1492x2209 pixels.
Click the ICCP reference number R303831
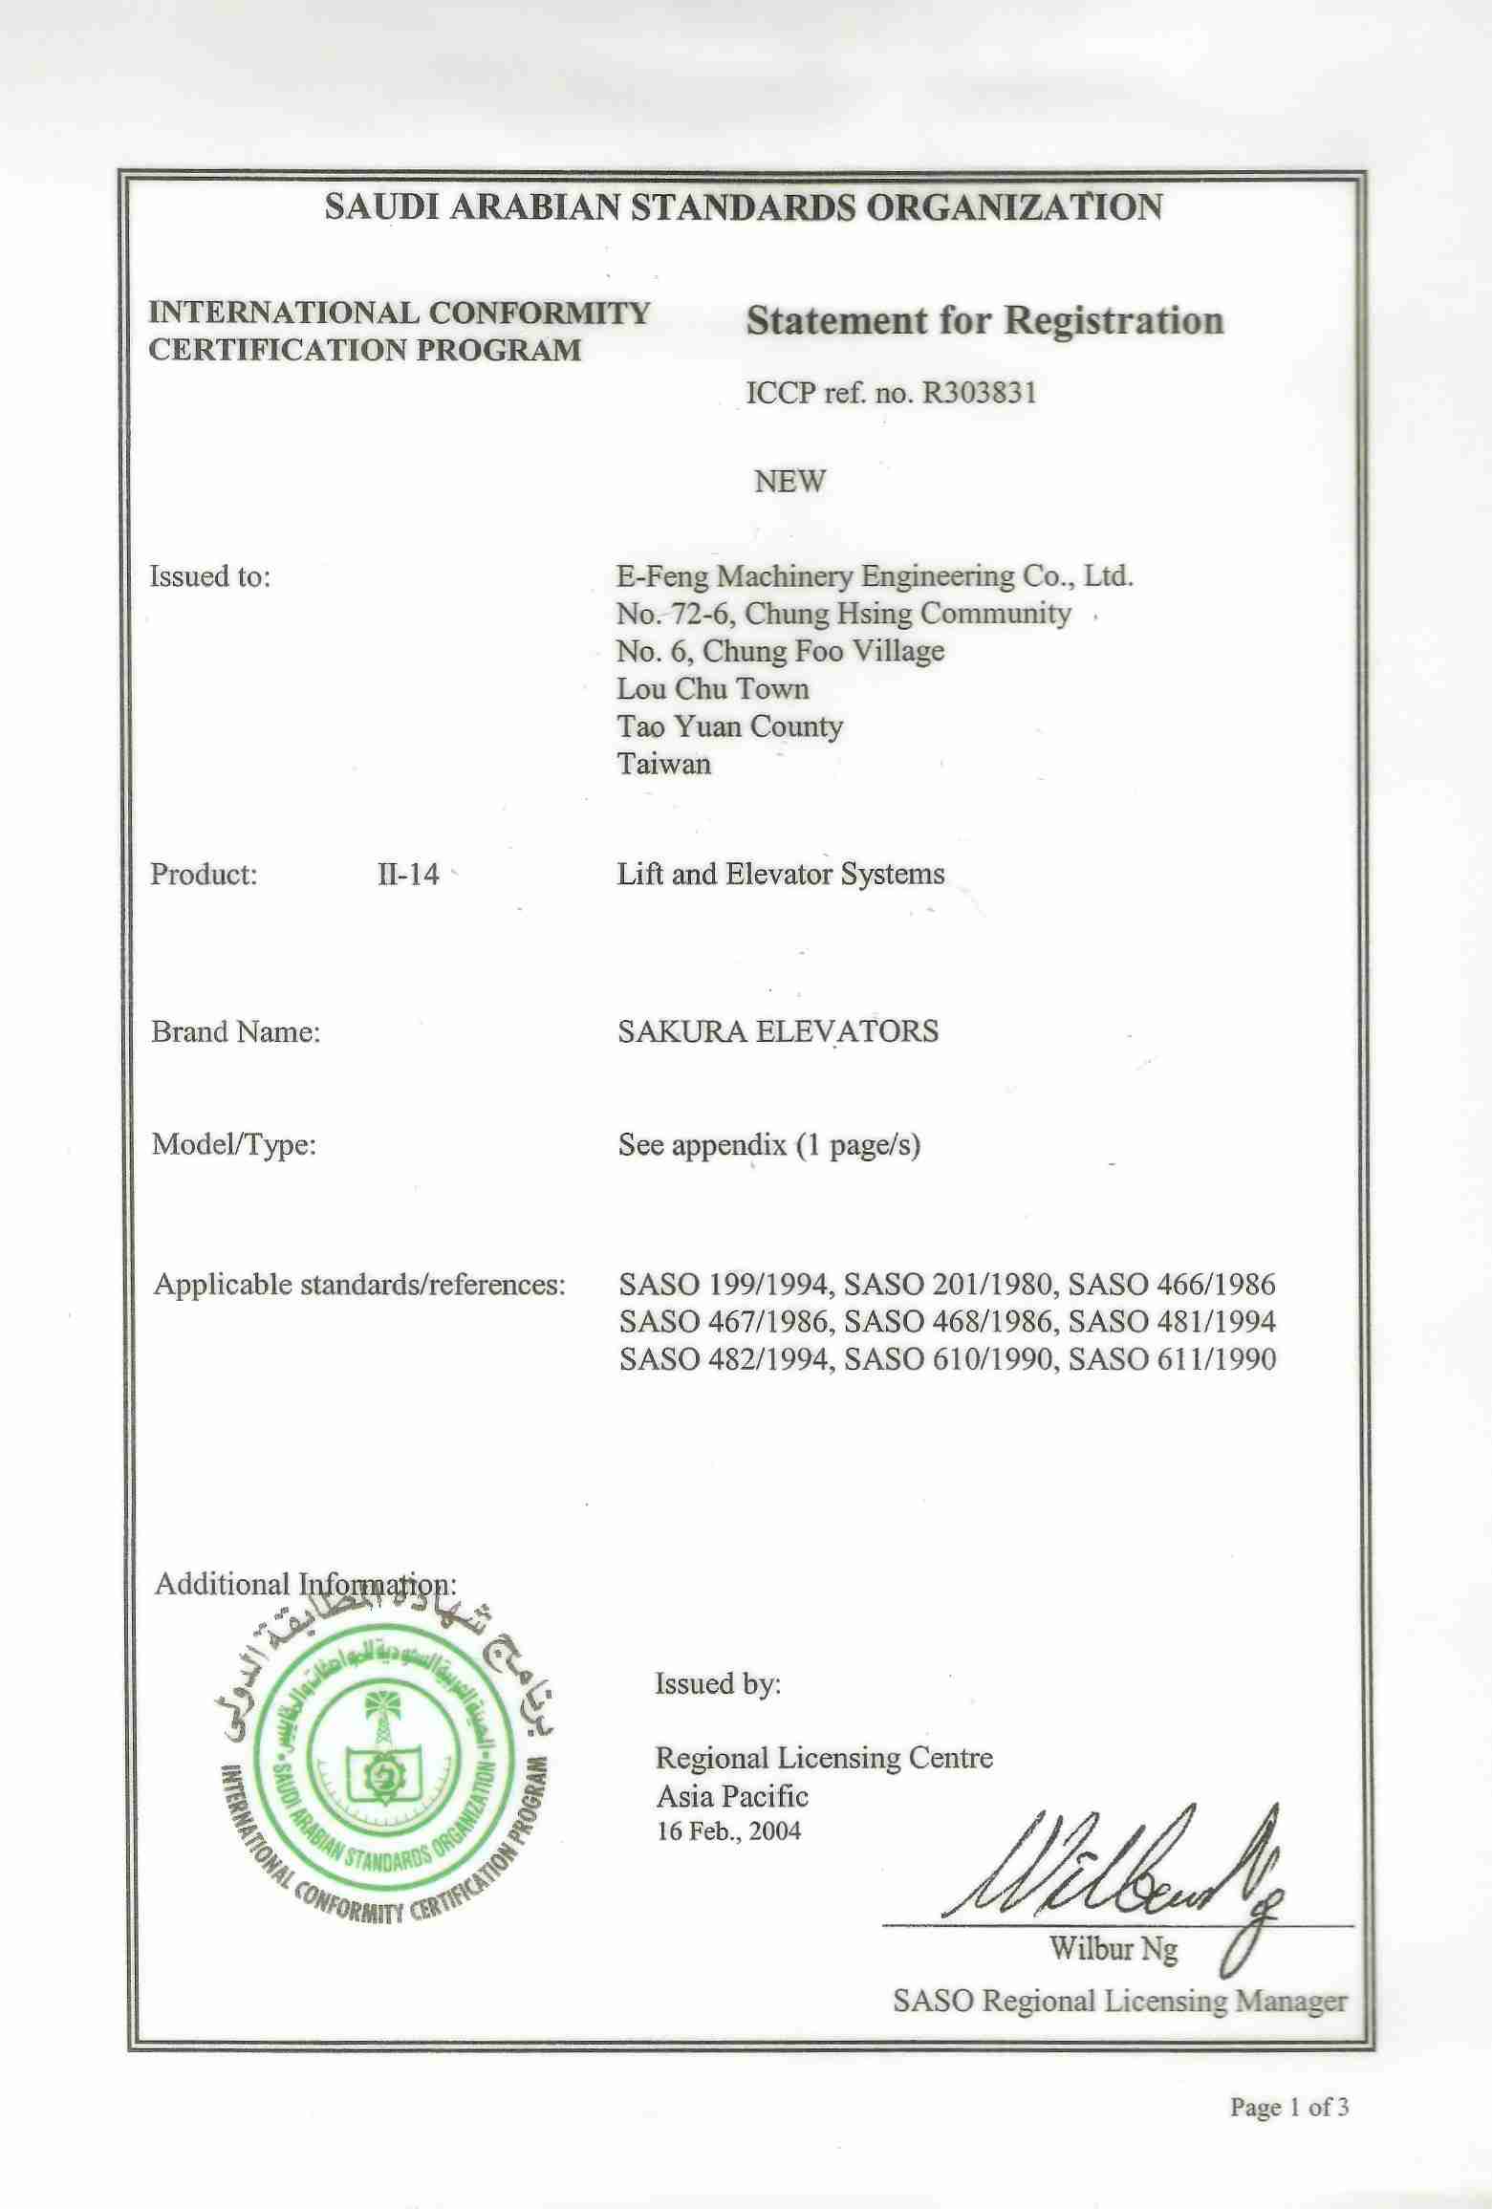click(x=978, y=394)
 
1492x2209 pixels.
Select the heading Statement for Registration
click(x=984, y=322)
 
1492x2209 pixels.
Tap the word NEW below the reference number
click(x=789, y=481)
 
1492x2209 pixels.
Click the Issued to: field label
click(x=210, y=576)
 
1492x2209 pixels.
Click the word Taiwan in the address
click(x=663, y=764)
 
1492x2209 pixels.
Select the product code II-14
click(x=408, y=875)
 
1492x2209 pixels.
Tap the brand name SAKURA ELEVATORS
click(x=778, y=1031)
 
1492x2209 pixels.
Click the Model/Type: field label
click(x=233, y=1144)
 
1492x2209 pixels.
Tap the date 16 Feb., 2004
click(x=728, y=1831)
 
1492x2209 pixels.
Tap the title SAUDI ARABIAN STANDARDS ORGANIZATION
click(x=744, y=207)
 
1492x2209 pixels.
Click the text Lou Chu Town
click(x=712, y=689)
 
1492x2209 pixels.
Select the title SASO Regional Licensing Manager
click(x=1119, y=2001)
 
